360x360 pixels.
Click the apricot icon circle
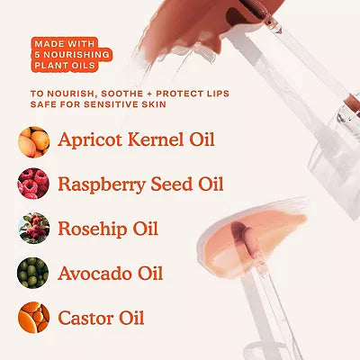(34, 142)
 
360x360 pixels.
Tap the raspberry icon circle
(33, 184)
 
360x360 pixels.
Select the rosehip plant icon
(34, 228)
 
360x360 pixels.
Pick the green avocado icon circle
(33, 273)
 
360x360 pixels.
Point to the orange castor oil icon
(33, 318)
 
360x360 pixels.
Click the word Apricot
(91, 140)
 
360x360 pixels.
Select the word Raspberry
(102, 184)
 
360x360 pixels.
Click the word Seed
(172, 184)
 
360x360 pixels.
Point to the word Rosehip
(93, 229)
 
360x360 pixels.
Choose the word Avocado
(95, 273)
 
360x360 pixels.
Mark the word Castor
(85, 318)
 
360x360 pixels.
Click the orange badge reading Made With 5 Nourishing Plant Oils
(71, 55)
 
